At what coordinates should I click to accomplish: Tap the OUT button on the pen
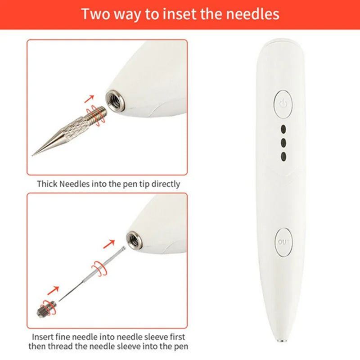click(x=283, y=242)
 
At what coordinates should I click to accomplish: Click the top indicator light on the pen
click(x=283, y=129)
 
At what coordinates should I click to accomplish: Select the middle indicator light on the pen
click(x=283, y=143)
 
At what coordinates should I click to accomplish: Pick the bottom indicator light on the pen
click(x=283, y=157)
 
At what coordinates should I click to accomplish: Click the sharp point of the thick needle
click(x=32, y=155)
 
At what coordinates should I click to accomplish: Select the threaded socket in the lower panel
click(x=135, y=240)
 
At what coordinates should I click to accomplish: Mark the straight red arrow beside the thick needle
click(x=89, y=99)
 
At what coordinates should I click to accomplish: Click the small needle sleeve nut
click(x=47, y=309)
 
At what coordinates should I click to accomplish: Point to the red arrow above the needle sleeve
click(x=53, y=290)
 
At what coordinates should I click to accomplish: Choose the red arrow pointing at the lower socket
click(x=109, y=244)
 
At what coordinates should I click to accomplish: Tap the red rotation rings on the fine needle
click(x=99, y=268)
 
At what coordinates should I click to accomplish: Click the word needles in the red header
click(x=252, y=14)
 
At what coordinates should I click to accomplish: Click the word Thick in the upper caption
click(x=47, y=184)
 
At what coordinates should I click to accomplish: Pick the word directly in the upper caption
click(x=166, y=184)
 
